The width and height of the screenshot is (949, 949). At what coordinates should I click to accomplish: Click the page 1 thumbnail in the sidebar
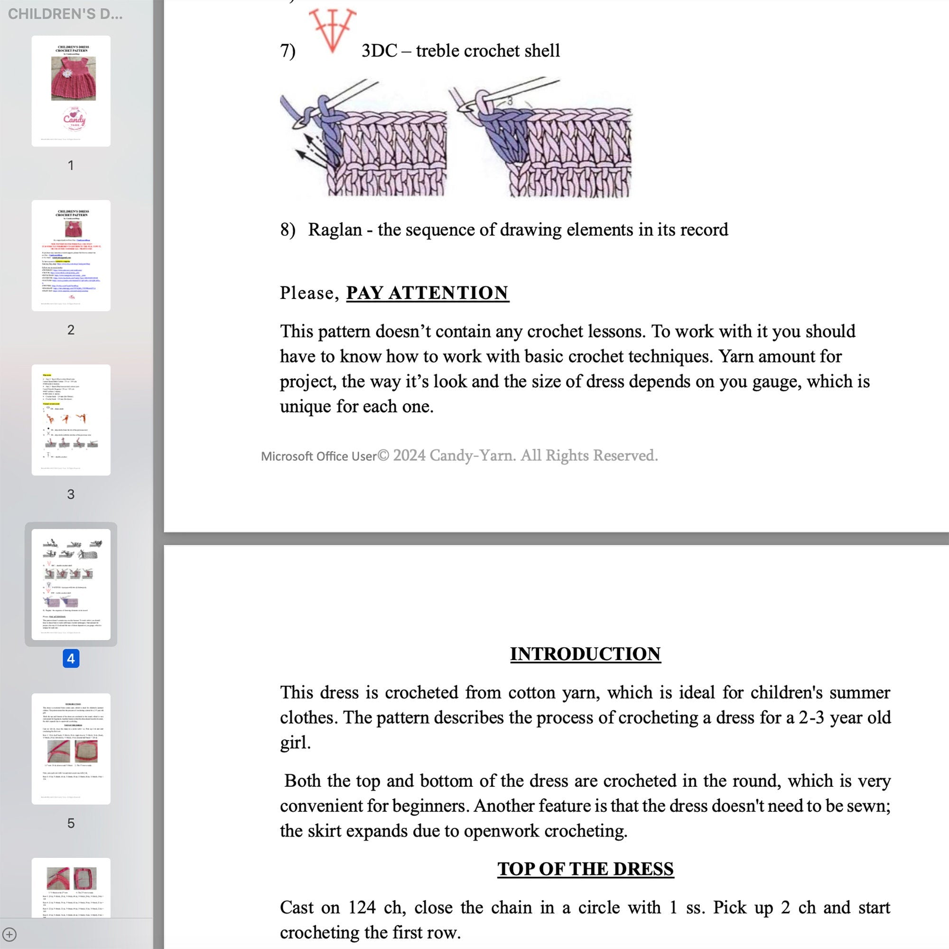71,91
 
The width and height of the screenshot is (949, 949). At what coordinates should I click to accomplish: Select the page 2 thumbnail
71,255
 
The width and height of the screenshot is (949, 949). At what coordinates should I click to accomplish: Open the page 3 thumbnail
71,419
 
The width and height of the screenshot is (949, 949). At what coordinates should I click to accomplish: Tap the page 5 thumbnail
71,749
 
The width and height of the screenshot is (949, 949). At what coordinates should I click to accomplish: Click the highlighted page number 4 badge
71,659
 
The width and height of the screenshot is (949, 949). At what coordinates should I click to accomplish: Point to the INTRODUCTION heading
585,654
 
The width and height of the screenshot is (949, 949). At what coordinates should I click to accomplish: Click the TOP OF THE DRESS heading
585,868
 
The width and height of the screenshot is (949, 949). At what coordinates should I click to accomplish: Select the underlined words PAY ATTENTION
428,293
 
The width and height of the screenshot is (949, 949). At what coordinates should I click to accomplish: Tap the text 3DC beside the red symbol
379,51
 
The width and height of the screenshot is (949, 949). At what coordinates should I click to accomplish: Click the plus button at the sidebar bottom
10,934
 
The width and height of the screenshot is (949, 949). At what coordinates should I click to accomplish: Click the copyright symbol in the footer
383,456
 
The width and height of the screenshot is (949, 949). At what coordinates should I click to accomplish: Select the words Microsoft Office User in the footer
319,456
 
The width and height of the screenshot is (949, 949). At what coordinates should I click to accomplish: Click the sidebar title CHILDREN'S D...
65,14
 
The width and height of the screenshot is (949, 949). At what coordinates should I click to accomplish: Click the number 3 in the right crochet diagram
510,101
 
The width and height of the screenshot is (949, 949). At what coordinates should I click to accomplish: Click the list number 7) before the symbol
288,51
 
